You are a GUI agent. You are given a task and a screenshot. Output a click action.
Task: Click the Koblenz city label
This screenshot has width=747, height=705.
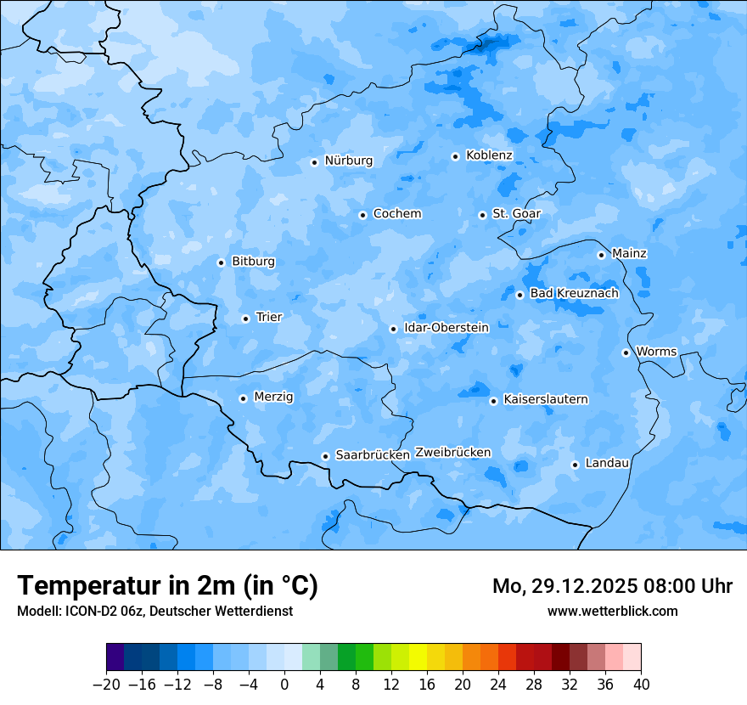489,155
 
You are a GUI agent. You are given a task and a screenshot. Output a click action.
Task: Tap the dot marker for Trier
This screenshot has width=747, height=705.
245,319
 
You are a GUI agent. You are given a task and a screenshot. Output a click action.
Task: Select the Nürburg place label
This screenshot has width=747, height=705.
348,161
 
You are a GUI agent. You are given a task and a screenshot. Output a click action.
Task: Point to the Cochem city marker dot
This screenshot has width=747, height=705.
362,215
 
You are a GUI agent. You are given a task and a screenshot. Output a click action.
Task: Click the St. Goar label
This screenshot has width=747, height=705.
516,214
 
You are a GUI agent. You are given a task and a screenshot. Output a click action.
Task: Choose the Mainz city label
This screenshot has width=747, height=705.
629,254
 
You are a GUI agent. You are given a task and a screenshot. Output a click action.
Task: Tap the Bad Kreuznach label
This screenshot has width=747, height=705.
574,294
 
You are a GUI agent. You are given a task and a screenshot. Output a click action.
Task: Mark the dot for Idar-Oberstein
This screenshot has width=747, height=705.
393,329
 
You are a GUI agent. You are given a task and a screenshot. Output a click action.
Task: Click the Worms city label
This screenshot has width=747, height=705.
656,352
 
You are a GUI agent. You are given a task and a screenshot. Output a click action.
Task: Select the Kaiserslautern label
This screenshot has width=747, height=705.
546,399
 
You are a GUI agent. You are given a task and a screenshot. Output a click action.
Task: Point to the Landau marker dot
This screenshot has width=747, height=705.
575,465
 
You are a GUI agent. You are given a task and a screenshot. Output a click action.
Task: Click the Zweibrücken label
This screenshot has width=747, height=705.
452,453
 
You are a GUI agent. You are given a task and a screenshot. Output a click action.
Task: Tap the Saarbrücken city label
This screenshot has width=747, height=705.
373,455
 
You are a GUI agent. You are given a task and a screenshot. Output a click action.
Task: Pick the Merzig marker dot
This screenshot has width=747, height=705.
243,398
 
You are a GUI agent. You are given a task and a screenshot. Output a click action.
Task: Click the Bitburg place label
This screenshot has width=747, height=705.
253,262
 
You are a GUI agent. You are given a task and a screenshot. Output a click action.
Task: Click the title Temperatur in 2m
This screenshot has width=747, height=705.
168,586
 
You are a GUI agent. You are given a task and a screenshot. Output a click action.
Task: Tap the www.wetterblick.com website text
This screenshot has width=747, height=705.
612,612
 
